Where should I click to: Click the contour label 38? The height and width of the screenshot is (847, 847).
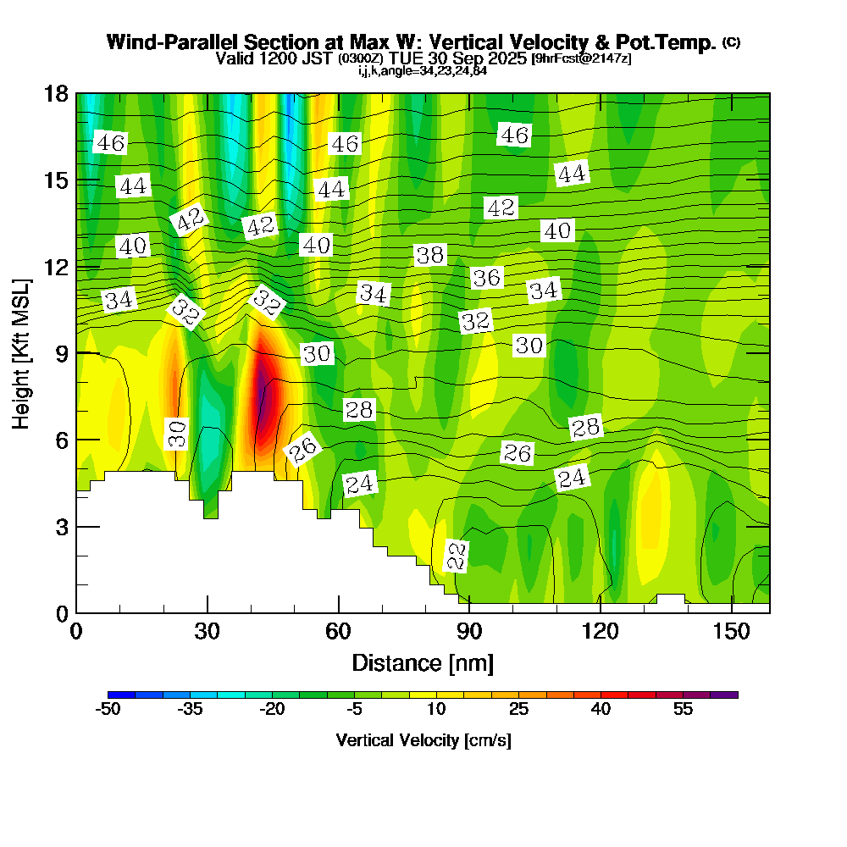pyautogui.click(x=430, y=254)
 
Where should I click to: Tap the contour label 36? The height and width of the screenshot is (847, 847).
pyautogui.click(x=486, y=277)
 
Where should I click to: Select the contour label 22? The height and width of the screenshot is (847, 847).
pyautogui.click(x=457, y=556)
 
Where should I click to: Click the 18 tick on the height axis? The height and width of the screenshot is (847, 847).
pyautogui.click(x=56, y=93)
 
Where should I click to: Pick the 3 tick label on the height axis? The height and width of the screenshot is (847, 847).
pyautogui.click(x=61, y=526)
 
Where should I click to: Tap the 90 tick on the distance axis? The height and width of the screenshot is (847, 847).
pyautogui.click(x=469, y=631)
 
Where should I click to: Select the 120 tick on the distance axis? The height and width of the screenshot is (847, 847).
pyautogui.click(x=600, y=631)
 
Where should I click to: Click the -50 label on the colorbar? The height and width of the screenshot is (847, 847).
pyautogui.click(x=108, y=709)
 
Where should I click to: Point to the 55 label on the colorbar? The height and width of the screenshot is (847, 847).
pyautogui.click(x=683, y=709)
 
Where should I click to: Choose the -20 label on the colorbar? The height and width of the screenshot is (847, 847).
pyautogui.click(x=273, y=709)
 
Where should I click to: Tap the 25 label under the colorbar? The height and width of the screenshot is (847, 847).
pyautogui.click(x=518, y=709)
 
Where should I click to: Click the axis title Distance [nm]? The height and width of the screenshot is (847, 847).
pyautogui.click(x=423, y=662)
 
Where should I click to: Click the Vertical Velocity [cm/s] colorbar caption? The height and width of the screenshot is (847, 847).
pyautogui.click(x=423, y=740)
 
